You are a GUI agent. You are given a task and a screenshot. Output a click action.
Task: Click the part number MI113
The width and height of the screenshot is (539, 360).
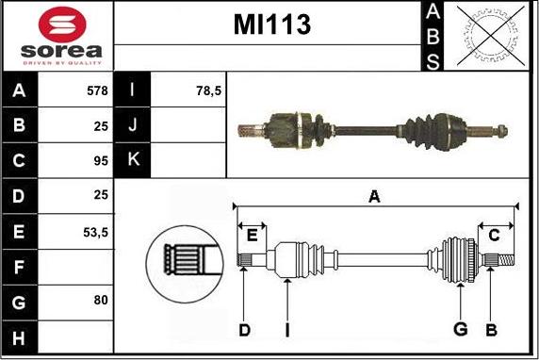point(272,25)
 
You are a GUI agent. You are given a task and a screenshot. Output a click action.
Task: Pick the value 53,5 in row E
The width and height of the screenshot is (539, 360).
point(95,230)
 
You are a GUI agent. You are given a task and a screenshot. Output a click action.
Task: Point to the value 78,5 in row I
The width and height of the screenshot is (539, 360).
point(208,90)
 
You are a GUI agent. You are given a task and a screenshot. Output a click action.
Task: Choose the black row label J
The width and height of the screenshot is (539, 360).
point(132,124)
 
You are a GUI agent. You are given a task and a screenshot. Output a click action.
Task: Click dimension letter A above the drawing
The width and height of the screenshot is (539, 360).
point(374,197)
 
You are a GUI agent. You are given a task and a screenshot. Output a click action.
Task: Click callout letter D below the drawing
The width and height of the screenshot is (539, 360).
point(244,329)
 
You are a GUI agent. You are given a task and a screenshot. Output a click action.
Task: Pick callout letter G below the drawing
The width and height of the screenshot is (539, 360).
point(461,329)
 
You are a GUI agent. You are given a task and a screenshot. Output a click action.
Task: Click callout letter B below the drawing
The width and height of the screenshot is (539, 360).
point(491,329)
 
